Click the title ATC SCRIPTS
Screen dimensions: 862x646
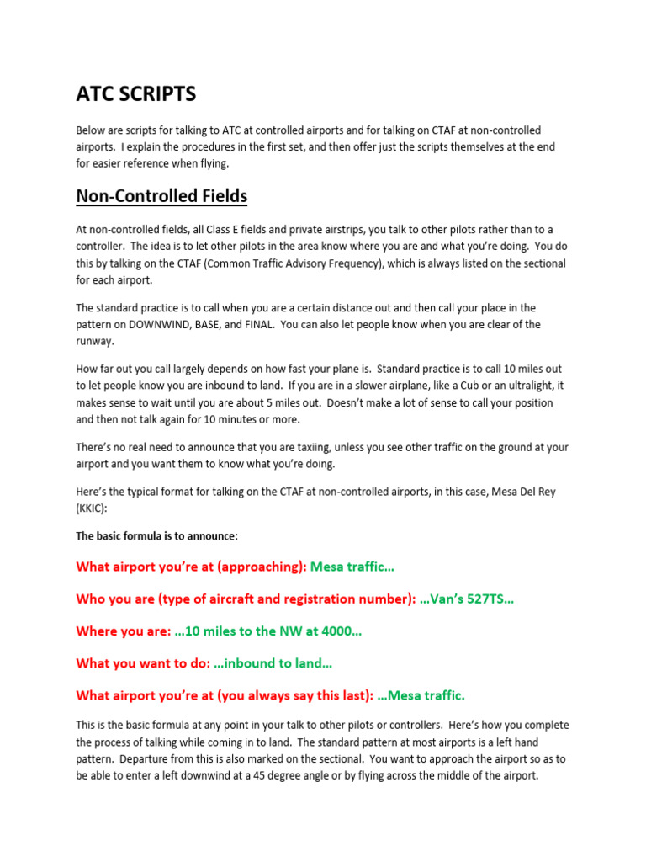[136, 93]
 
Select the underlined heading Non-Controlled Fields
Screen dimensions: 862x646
[161, 196]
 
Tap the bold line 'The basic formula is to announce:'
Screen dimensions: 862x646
[157, 536]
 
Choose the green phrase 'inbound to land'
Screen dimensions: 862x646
[277, 663]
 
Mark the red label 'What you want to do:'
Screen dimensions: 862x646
[143, 663]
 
